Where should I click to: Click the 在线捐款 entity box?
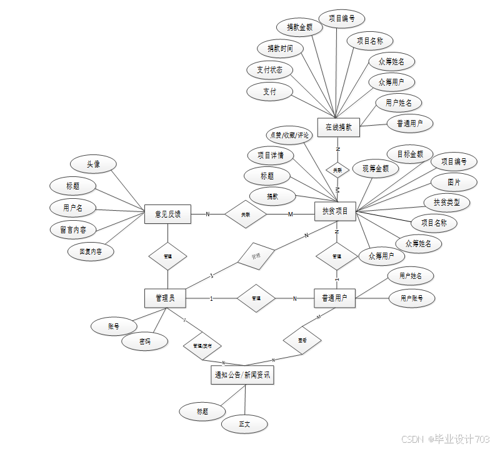tap(339, 127)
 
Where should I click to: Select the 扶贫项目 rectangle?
tap(335, 211)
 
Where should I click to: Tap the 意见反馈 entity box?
tap(167, 214)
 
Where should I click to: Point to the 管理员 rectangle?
tap(165, 298)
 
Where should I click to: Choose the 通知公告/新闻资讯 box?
tap(242, 375)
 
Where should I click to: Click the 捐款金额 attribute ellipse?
tap(299, 27)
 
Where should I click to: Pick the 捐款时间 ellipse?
tap(280, 48)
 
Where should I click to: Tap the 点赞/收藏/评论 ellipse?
tap(289, 134)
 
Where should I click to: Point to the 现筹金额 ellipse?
tap(375, 168)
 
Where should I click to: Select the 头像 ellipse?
tap(94, 164)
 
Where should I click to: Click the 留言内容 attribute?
tap(73, 230)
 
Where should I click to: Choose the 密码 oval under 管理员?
tap(145, 341)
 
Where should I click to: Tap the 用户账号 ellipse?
tap(411, 298)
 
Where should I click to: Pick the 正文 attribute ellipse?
tap(244, 424)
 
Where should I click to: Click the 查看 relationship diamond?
tap(302, 341)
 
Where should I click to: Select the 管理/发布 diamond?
tap(202, 345)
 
